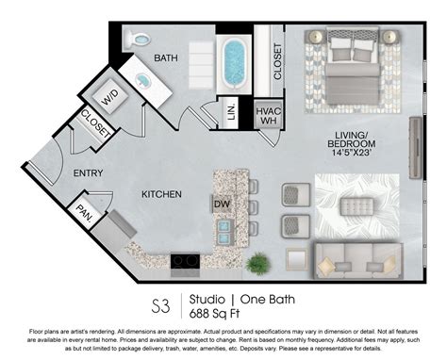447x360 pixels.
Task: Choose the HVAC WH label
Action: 268,116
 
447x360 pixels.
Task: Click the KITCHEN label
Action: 161,194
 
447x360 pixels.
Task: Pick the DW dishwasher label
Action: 222,203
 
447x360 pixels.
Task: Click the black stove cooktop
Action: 185,260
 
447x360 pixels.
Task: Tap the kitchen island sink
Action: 224,227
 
